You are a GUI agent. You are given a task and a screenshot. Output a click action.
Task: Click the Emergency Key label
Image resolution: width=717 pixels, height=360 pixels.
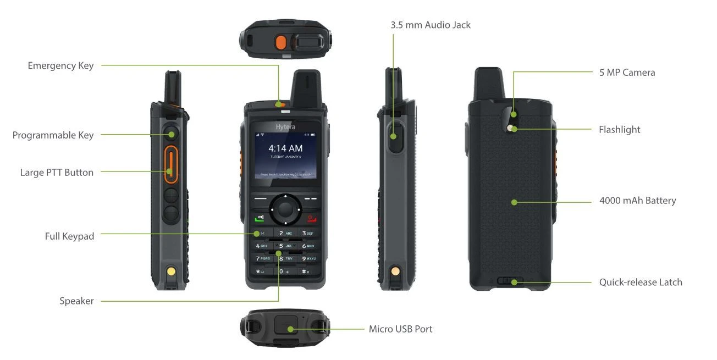click(60, 66)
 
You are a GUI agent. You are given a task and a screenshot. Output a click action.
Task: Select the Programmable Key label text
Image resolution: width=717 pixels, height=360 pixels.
click(53, 135)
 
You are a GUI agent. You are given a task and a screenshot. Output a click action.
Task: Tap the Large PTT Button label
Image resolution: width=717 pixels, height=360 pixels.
click(57, 173)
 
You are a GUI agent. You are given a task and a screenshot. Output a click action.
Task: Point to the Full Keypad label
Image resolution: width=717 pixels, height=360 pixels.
click(69, 236)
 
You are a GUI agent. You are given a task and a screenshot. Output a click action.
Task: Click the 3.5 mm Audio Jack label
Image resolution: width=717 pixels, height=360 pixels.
click(431, 25)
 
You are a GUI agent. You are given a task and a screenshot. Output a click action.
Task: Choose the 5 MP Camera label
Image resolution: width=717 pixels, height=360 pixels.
click(627, 73)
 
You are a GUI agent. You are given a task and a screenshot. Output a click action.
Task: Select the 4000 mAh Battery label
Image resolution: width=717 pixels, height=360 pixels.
click(637, 201)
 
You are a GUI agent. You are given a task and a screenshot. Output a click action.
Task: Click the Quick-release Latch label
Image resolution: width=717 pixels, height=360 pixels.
click(640, 282)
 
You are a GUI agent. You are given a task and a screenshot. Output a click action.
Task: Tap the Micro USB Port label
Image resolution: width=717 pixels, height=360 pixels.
click(400, 329)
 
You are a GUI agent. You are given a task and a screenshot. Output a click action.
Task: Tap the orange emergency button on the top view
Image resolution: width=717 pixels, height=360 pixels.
click(280, 42)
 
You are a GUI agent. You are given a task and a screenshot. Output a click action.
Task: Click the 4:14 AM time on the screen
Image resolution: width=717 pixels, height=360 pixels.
click(285, 148)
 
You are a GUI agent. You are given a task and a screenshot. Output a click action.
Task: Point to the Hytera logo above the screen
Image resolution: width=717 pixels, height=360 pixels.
click(285, 127)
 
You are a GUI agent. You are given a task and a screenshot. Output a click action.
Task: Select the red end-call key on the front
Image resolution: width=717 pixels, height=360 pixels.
click(312, 218)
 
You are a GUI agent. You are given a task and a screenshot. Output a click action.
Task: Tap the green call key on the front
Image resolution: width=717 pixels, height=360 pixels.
click(258, 218)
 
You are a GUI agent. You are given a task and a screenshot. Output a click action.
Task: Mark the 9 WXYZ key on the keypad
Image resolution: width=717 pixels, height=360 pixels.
click(308, 258)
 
